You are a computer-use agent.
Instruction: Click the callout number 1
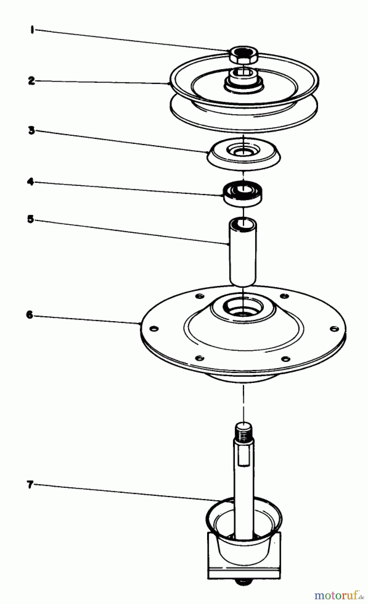tap(32, 30)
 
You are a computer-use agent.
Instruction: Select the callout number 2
tap(31, 81)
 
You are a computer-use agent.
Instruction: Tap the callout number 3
tap(31, 130)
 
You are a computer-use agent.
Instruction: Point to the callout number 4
tap(30, 182)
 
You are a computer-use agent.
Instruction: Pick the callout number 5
tap(30, 220)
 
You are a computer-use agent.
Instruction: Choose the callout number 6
tap(30, 315)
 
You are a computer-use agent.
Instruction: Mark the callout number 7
tap(30, 485)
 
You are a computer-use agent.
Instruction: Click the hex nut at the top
tap(243, 55)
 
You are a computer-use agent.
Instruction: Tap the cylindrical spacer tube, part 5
tap(242, 252)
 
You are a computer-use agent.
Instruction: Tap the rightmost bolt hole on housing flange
tap(333, 328)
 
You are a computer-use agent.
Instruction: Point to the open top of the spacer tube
tap(243, 222)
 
